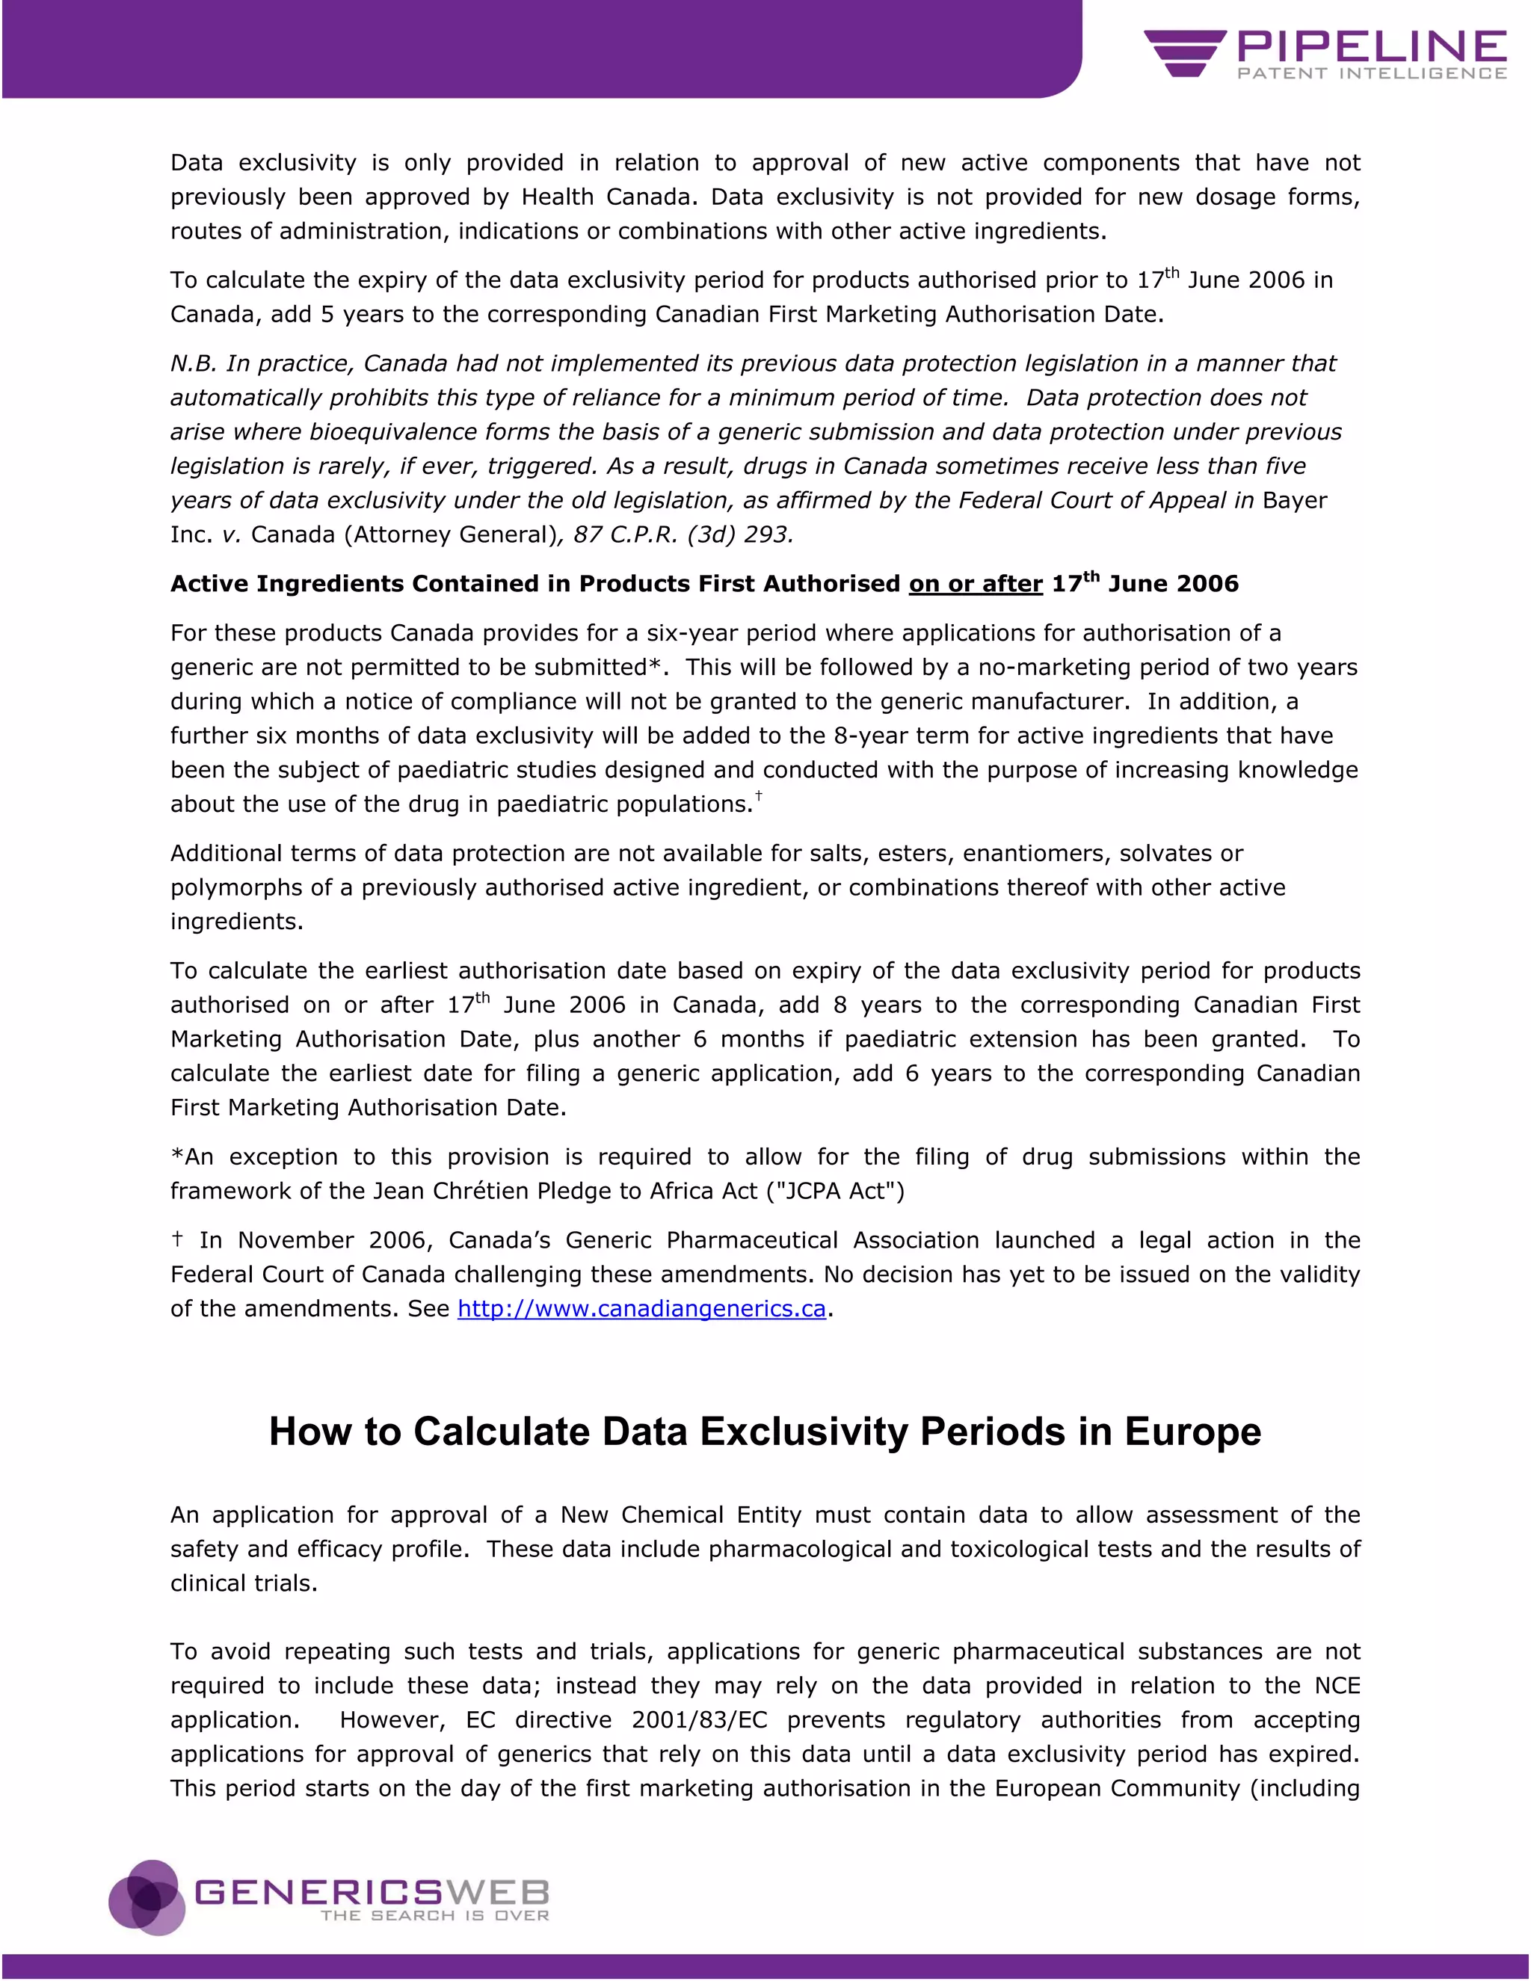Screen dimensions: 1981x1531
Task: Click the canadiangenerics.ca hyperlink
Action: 641,1309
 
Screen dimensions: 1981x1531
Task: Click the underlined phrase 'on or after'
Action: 976,584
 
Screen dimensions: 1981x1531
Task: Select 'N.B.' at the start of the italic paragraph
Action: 193,364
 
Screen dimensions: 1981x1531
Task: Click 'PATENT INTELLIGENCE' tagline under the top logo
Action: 1371,73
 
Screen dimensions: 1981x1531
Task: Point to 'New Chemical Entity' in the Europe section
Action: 681,1515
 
